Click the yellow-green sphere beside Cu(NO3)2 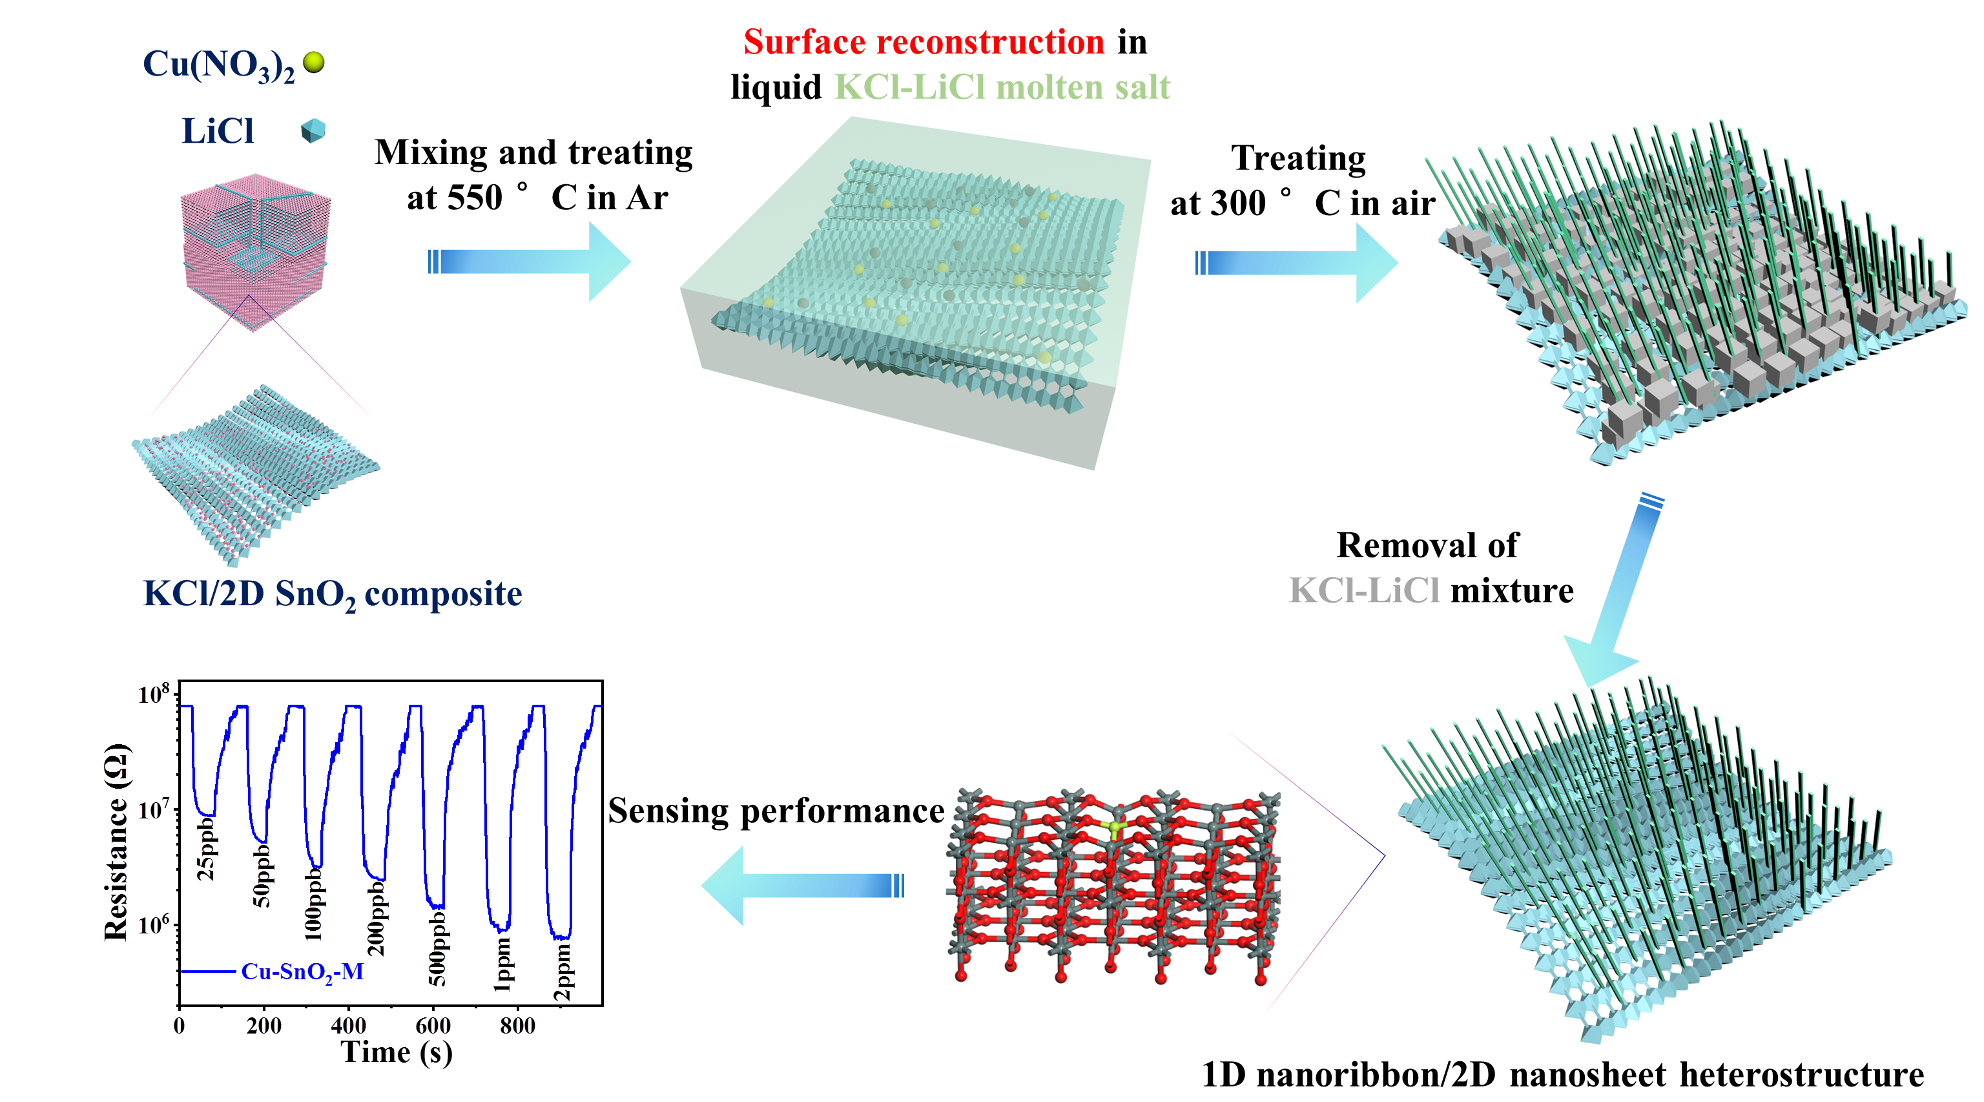click(313, 63)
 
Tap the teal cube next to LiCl click(313, 131)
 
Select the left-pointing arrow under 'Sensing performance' click(801, 886)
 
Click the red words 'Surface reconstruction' click(924, 43)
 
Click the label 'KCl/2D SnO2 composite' click(333, 594)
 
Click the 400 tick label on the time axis click(348, 1026)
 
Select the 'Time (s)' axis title click(397, 1053)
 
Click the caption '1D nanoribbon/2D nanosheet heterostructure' click(1562, 1075)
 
